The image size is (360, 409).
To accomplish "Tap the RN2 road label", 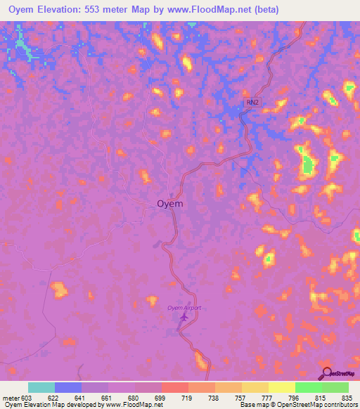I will pos(252,103).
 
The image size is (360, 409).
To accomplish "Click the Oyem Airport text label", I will pos(184,308).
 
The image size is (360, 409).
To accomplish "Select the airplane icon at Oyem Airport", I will pos(184,318).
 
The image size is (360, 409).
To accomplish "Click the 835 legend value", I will pos(348,398).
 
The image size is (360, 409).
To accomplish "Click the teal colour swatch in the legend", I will pos(41,387).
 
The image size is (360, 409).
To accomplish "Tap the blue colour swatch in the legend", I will pos(68,387).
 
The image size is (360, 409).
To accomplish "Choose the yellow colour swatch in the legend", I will pos(282,387).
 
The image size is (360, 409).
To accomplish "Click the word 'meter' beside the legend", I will pos(11,398).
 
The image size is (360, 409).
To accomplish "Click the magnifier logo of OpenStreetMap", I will pos(327,373).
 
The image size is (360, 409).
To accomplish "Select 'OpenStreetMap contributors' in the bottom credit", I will pos(319,405).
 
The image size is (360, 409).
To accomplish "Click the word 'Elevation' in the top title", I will pos(58,10).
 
